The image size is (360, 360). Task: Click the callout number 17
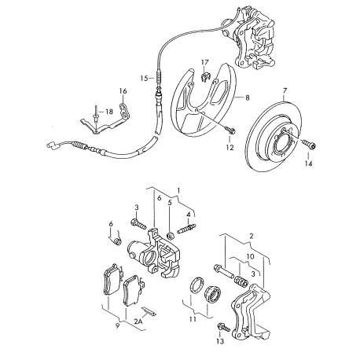(x=205, y=62)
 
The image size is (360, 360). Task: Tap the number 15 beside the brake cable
(x=144, y=78)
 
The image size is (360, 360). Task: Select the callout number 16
(x=123, y=91)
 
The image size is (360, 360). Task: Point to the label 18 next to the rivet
(x=109, y=112)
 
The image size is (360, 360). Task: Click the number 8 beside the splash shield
(x=248, y=97)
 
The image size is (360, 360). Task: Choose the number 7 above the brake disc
(x=285, y=91)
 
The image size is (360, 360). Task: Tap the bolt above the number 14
(x=310, y=144)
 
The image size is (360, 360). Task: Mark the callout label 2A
(x=138, y=321)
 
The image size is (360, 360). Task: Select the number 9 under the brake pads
(x=117, y=326)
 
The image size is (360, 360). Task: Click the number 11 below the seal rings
(x=193, y=319)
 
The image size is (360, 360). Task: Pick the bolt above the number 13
(x=223, y=327)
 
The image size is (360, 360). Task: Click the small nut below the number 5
(x=171, y=236)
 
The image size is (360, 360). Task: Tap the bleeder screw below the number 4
(x=186, y=228)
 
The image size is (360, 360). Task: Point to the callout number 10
(x=250, y=256)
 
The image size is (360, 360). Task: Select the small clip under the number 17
(x=206, y=77)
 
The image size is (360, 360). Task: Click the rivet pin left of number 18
(x=96, y=114)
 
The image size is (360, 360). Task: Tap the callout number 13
(x=220, y=341)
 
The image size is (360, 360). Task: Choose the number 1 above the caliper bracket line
(x=178, y=191)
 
